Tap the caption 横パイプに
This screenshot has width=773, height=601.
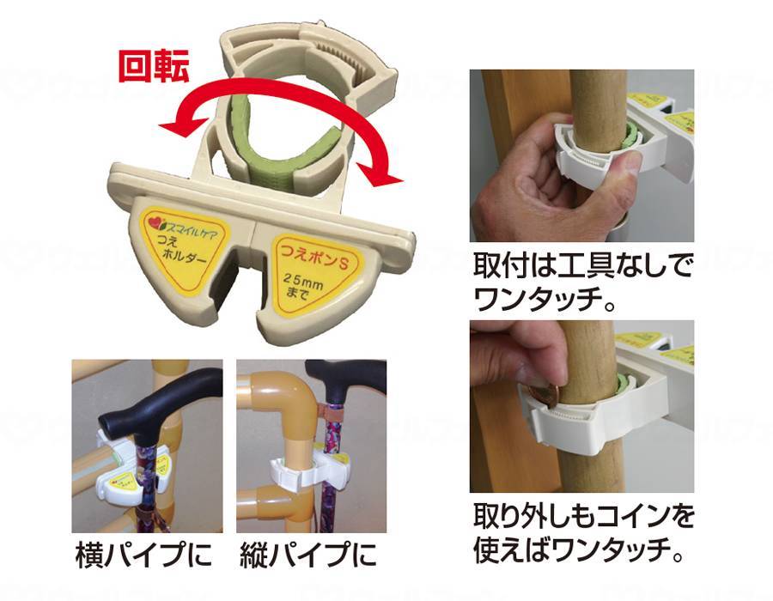pos(143,555)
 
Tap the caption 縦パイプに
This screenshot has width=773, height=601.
pos(308,555)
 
